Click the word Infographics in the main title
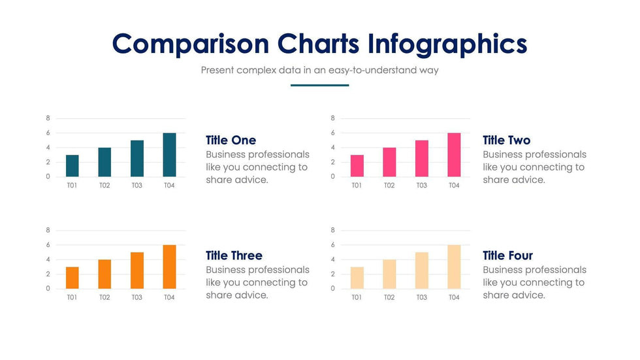pyautogui.click(x=447, y=44)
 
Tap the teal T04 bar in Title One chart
pyautogui.click(x=169, y=155)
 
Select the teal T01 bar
pyautogui.click(x=72, y=166)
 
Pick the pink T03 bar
pyautogui.click(x=422, y=159)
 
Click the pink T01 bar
pyautogui.click(x=357, y=166)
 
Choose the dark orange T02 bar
pyautogui.click(x=104, y=274)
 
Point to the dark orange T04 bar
pyautogui.click(x=169, y=267)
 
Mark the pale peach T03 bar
pyautogui.click(x=422, y=271)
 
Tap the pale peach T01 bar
pyautogui.click(x=357, y=278)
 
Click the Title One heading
pyautogui.click(x=231, y=140)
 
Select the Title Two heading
pyautogui.click(x=506, y=140)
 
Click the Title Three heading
pyautogui.click(x=234, y=255)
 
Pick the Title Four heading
pyautogui.click(x=507, y=255)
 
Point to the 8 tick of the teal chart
pyautogui.click(x=48, y=118)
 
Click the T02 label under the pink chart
pyautogui.click(x=389, y=186)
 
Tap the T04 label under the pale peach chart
pyautogui.click(x=454, y=298)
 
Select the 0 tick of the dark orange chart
pyautogui.click(x=48, y=289)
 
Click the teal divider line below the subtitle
pyautogui.click(x=319, y=85)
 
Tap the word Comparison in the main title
pyautogui.click(x=190, y=44)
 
